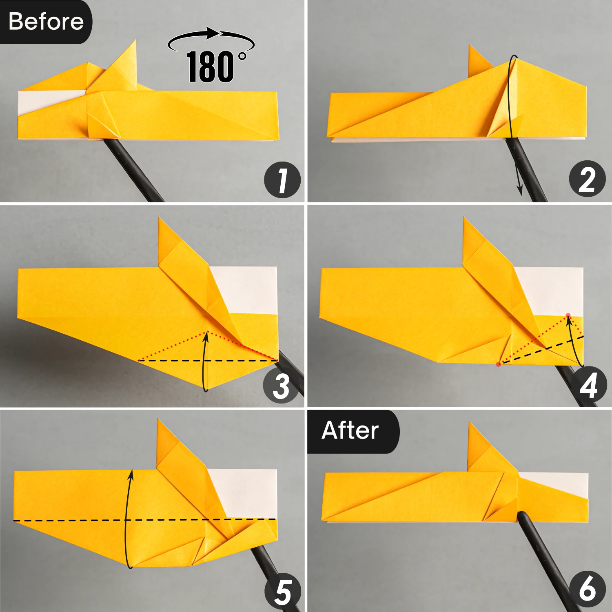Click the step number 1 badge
[x=282, y=180]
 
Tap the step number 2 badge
[x=587, y=179]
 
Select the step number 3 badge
[x=281, y=386]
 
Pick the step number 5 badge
[x=283, y=592]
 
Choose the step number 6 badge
[x=587, y=589]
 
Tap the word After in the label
[x=350, y=430]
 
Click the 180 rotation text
[x=211, y=67]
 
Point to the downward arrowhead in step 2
[x=520, y=190]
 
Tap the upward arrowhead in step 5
[x=131, y=474]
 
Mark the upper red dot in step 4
[x=568, y=315]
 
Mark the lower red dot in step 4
[x=498, y=364]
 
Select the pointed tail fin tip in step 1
[x=134, y=41]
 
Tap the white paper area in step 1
[x=45, y=100]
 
